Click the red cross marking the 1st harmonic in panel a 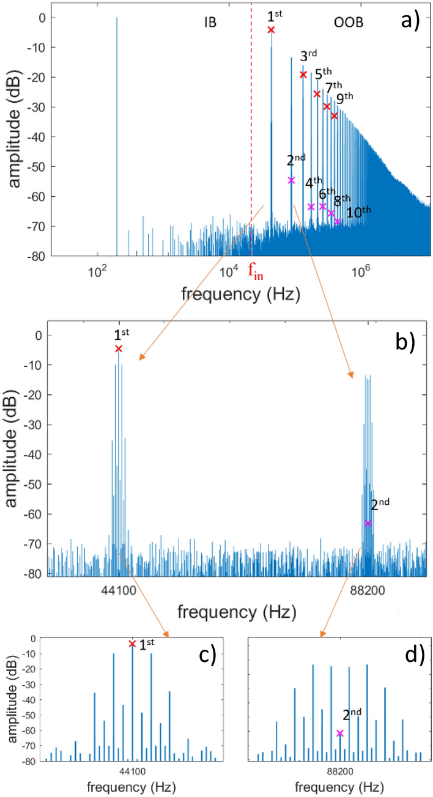[271, 29]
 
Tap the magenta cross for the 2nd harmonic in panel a [291, 180]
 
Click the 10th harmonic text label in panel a [358, 213]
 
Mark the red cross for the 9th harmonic [334, 116]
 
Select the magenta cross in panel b [368, 523]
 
